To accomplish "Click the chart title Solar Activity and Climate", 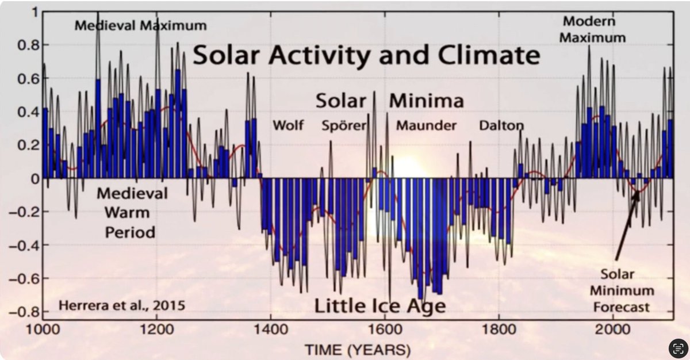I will pyautogui.click(x=366, y=56).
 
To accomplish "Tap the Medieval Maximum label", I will pyautogui.click(x=140, y=26).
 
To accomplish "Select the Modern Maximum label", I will pyautogui.click(x=593, y=30).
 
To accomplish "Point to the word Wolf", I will pyautogui.click(x=288, y=125).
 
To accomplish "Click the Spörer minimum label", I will pyautogui.click(x=344, y=125).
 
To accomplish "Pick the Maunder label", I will pyautogui.click(x=426, y=125).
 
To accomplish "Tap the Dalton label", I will pyautogui.click(x=501, y=125).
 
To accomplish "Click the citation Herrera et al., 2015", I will pyautogui.click(x=122, y=305).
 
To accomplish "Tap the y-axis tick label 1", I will pyautogui.click(x=34, y=12).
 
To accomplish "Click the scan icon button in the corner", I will pyautogui.click(x=678, y=348).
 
